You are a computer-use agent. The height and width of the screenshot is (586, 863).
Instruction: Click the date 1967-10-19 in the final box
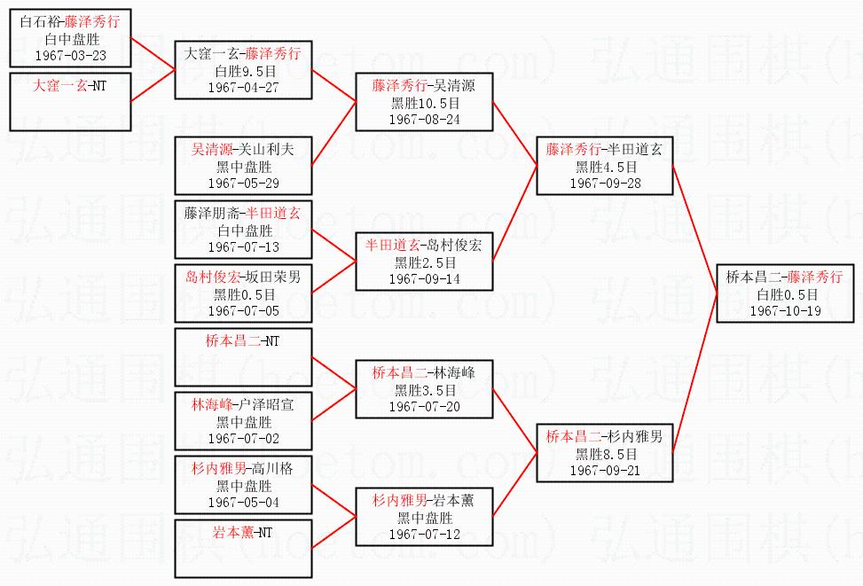click(785, 311)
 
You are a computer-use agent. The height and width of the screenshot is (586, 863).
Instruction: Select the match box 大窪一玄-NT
click(69, 101)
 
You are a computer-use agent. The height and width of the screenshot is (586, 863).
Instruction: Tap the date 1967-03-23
click(69, 56)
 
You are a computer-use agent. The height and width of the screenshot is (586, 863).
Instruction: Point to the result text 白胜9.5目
click(243, 71)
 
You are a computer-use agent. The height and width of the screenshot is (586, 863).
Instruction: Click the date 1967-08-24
click(424, 120)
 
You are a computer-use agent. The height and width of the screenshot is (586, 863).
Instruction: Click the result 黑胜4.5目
click(605, 167)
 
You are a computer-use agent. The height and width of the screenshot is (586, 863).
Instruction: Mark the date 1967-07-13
click(243, 246)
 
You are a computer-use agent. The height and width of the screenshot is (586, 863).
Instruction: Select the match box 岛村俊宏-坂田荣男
click(243, 293)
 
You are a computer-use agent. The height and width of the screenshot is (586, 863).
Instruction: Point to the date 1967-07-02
click(243, 439)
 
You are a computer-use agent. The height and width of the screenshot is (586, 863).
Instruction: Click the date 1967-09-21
click(605, 471)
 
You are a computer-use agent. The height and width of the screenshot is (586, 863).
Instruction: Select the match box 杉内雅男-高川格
click(243, 485)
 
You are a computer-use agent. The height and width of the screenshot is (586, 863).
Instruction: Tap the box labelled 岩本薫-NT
click(243, 548)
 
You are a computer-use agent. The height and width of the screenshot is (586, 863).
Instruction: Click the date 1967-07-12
click(424, 535)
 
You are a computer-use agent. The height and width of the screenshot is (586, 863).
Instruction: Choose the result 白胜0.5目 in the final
click(785, 294)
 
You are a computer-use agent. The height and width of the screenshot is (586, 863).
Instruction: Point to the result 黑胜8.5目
click(605, 454)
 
